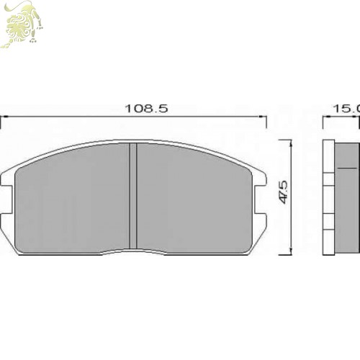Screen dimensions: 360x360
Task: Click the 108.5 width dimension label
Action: click(146, 109)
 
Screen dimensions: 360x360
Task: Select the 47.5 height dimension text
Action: click(284, 195)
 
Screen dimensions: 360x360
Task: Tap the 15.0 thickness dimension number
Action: click(346, 109)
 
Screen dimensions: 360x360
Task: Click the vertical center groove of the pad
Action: click(132, 196)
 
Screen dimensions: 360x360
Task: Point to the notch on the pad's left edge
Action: click(6, 199)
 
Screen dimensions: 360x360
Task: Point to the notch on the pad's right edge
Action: click(261, 199)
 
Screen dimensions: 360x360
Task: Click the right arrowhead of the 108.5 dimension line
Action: click(263, 117)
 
